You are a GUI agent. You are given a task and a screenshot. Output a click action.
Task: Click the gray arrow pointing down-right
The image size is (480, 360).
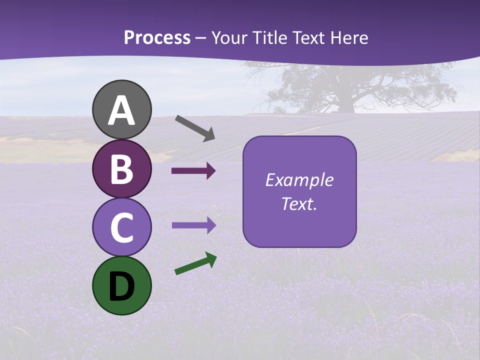[195, 128]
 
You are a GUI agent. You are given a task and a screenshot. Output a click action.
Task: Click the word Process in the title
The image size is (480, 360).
[157, 38]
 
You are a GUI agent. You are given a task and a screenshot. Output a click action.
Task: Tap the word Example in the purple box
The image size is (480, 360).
[299, 180]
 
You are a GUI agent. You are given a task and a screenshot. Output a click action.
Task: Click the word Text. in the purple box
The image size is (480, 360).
[299, 203]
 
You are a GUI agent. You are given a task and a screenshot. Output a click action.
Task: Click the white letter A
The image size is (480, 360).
[122, 110]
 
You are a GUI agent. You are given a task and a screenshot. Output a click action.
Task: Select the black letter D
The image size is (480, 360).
[122, 286]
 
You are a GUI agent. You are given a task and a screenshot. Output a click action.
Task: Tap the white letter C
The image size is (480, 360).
[122, 227]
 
